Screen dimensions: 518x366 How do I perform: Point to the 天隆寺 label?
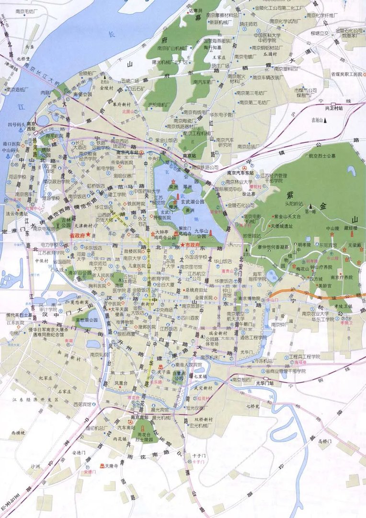[x=112, y=466]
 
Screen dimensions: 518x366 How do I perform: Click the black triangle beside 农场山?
[x=326, y=121]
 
